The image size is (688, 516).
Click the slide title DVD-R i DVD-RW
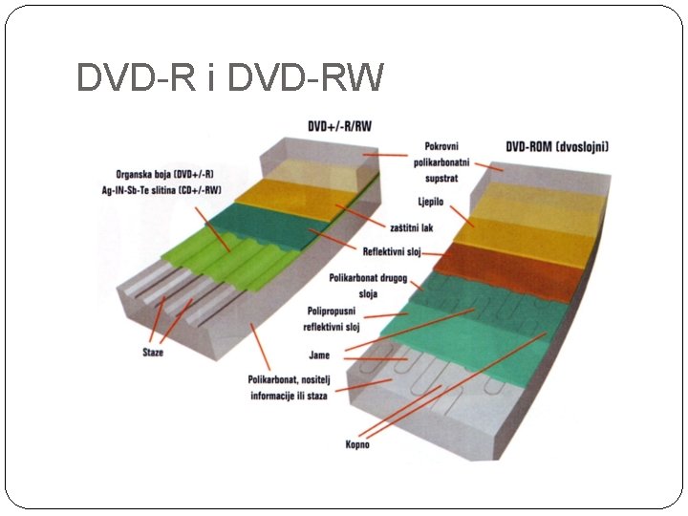pyautogui.click(x=229, y=78)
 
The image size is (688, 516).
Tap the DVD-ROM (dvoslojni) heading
pyautogui.click(x=558, y=147)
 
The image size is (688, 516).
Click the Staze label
pyautogui.click(x=152, y=352)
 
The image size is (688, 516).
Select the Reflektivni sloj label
pyautogui.click(x=391, y=251)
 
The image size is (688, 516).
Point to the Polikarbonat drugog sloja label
pyautogui.click(x=368, y=286)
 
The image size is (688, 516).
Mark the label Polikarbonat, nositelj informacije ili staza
pyautogui.click(x=288, y=387)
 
